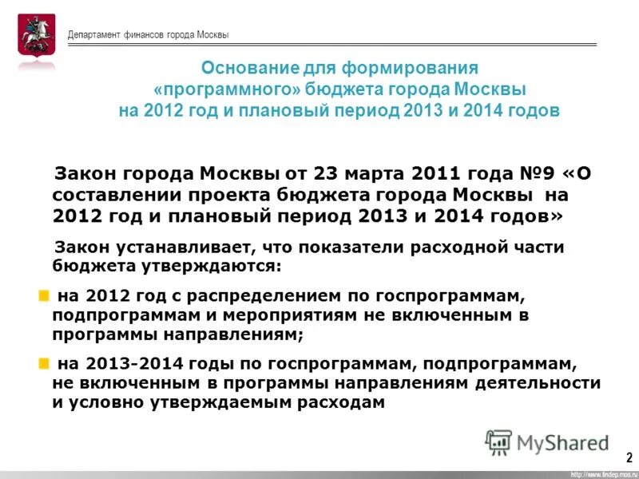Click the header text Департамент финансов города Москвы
pyautogui.click(x=148, y=35)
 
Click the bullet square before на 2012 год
pyautogui.click(x=44, y=296)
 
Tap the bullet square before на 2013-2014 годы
pyautogui.click(x=44, y=364)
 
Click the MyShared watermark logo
pyautogui.click(x=546, y=442)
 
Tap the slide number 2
pyautogui.click(x=629, y=457)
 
